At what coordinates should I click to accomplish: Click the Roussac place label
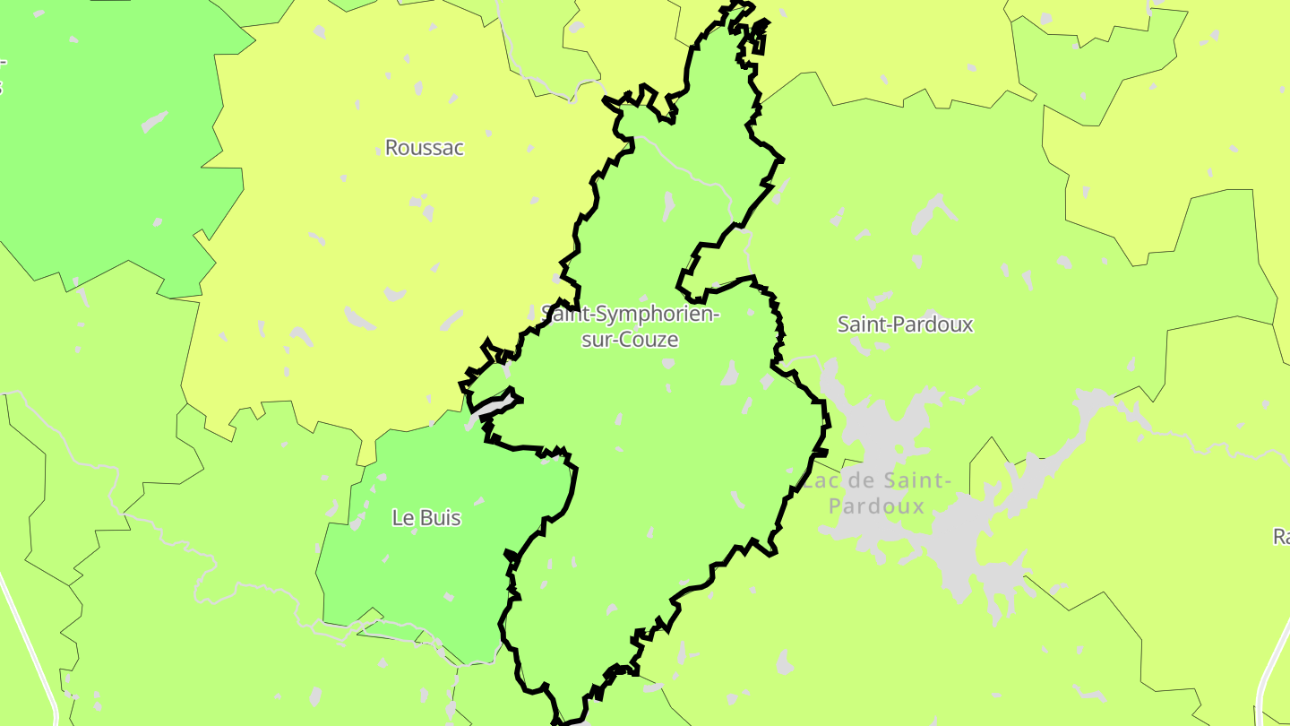425,148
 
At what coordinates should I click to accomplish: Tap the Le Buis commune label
426,518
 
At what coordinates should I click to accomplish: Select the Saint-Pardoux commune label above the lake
905,324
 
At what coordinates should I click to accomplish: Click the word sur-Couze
630,340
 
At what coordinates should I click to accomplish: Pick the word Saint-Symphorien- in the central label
631,315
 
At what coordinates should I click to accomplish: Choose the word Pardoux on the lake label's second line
876,506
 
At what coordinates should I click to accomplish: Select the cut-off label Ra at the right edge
1281,537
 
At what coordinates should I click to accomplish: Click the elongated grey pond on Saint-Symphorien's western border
492,404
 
